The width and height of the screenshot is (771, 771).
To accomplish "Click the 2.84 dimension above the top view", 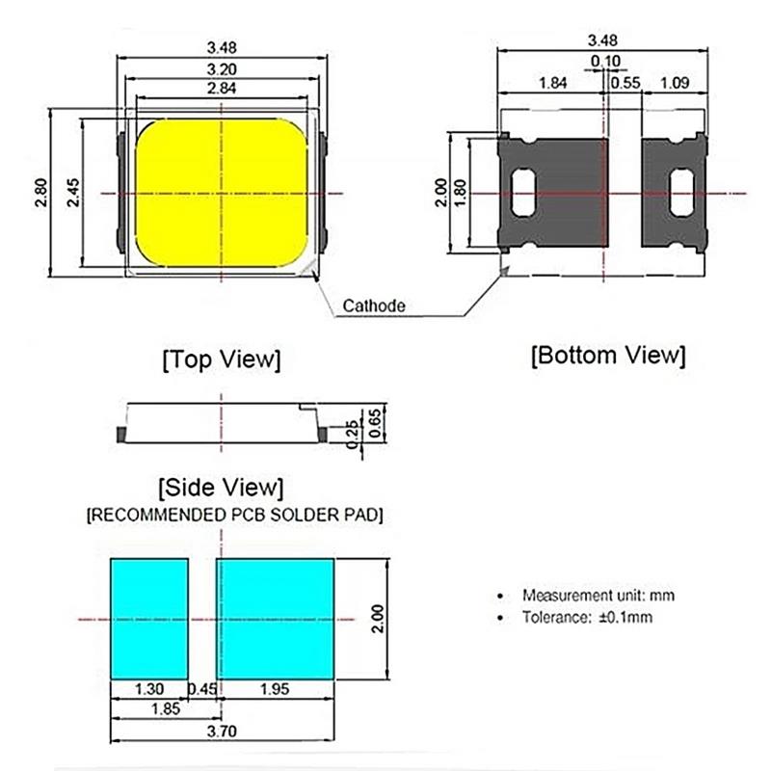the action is coord(222,89).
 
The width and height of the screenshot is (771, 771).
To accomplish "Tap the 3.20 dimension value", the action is coord(222,69).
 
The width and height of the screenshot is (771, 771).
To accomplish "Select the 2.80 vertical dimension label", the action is coord(41,192).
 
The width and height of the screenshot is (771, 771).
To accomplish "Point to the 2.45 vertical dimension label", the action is coord(72,192).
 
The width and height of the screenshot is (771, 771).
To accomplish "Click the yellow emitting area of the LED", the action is coord(222,194).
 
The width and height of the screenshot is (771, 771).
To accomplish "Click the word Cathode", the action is coord(374,306).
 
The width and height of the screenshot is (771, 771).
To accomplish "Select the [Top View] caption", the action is coord(222,359).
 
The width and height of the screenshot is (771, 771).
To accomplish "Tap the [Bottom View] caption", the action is coord(608,355).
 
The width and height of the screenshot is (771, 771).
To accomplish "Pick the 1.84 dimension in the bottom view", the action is coord(552,83).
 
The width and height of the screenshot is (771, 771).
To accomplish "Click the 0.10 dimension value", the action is coord(605,62).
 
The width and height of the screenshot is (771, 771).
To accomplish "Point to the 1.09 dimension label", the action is coord(675,83).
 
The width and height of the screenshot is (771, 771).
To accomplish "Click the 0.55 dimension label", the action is coord(625,83).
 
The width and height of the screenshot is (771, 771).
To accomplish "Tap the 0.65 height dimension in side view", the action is coord(375,423).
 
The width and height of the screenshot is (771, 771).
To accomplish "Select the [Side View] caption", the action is coord(222,488).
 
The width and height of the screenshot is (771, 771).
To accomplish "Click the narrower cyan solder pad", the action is coord(149,619).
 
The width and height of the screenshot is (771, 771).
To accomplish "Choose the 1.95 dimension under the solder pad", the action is coord(275,689).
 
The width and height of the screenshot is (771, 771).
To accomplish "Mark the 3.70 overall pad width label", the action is coord(222,731).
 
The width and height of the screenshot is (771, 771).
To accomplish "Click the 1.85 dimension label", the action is coord(166,709).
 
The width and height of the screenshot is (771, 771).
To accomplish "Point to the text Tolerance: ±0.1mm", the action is coord(587,617).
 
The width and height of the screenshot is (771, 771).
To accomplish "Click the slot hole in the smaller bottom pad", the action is coord(681,192).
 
